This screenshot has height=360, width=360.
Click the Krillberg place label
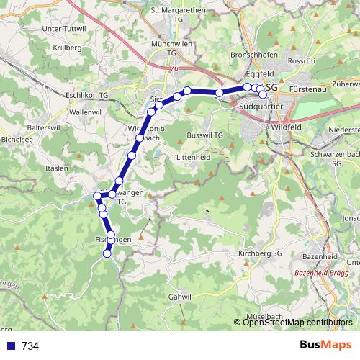point(66,47)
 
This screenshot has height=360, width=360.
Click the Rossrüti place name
point(301,62)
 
